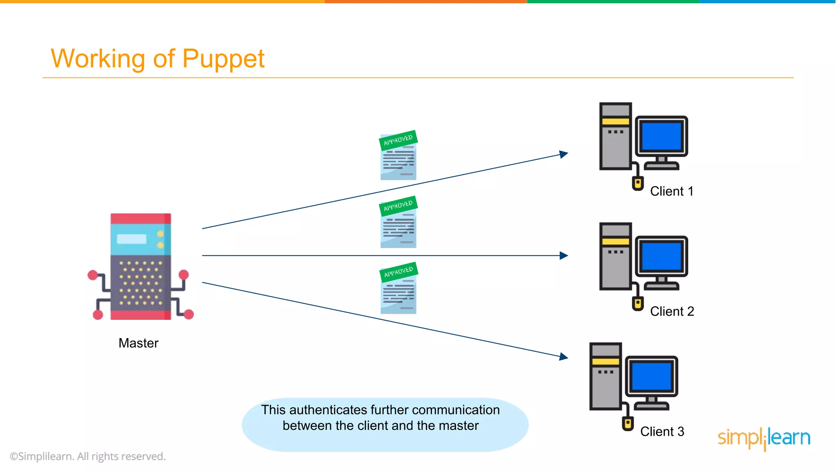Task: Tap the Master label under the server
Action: (138, 343)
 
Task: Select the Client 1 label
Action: (671, 191)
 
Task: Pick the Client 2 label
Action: (672, 311)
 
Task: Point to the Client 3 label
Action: (662, 432)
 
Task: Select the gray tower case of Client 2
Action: (615, 265)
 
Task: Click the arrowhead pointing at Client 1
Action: (564, 154)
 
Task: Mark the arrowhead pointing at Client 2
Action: (564, 255)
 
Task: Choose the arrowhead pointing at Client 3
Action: (564, 357)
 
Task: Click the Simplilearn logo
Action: (764, 438)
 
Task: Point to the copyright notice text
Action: (88, 456)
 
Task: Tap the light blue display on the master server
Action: (131, 239)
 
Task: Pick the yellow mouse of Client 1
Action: (638, 183)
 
